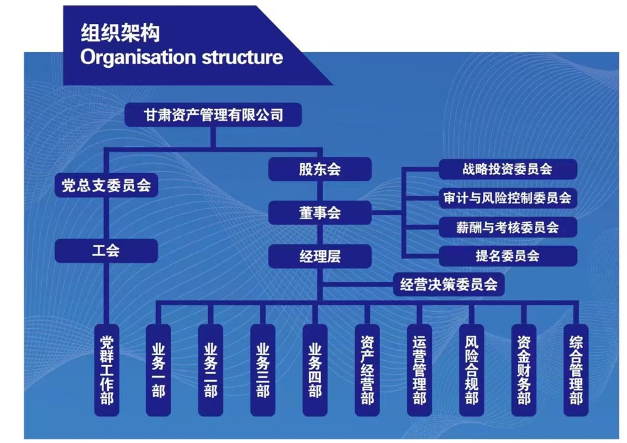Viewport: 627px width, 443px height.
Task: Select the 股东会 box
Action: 320,169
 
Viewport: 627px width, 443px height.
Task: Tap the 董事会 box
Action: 320,213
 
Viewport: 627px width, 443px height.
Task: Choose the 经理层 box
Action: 320,256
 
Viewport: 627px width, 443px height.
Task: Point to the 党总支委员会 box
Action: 106,186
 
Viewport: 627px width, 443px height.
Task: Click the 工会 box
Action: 106,252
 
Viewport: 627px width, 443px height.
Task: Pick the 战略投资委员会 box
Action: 507,169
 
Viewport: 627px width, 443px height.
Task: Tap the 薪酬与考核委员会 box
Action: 507,227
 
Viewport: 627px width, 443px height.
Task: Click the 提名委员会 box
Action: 507,256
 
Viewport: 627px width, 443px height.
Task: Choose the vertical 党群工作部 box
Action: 107,370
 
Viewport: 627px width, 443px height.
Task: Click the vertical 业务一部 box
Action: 158,370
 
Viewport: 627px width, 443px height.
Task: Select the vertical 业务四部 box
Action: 315,370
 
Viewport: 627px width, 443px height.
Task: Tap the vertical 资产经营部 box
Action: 367,370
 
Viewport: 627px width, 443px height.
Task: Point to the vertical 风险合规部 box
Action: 472,370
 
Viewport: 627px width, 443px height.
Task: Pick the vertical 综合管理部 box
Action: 576,370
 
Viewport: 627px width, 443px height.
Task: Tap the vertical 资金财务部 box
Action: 524,370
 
